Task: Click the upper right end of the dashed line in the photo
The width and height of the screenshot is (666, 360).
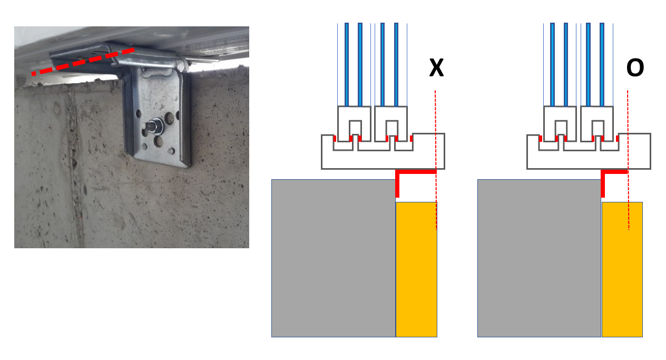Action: [x=134, y=50]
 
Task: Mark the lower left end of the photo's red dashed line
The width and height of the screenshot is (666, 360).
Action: [x=32, y=74]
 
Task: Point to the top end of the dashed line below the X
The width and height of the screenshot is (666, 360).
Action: [x=435, y=91]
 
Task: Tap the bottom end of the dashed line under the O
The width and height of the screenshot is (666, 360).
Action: [x=629, y=230]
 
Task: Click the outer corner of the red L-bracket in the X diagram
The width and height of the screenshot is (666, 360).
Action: [x=397, y=172]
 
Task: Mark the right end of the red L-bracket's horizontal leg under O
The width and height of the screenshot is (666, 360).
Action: [x=628, y=172]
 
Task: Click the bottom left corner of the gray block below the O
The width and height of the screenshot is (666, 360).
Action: [x=478, y=337]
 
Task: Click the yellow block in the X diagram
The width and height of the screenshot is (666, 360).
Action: [x=416, y=269]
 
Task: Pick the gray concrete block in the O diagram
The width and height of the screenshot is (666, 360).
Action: [x=540, y=258]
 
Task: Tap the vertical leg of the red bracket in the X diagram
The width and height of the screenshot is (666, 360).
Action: [x=397, y=184]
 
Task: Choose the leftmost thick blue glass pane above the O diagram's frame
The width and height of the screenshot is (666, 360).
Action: [x=552, y=64]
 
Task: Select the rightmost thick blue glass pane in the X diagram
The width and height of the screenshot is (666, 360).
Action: [x=396, y=64]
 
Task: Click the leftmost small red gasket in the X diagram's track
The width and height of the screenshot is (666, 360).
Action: [x=335, y=138]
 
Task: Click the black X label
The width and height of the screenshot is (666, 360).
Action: [x=436, y=67]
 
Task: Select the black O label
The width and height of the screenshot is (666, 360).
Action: [x=635, y=67]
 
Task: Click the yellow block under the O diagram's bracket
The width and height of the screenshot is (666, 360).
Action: [x=622, y=269]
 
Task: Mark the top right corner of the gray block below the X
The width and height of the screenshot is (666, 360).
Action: [x=395, y=179]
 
